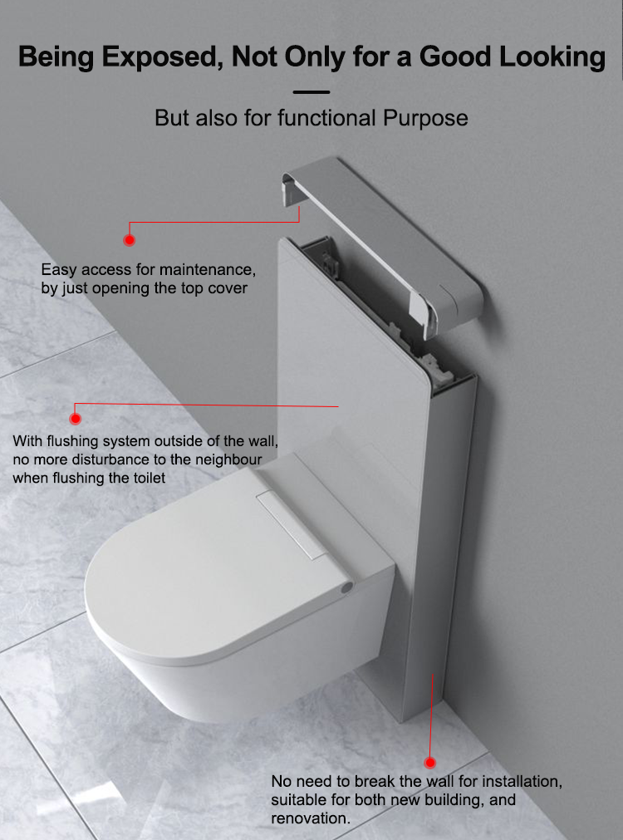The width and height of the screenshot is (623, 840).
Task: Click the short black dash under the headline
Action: [311, 92]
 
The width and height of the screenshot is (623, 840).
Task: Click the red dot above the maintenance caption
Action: [129, 240]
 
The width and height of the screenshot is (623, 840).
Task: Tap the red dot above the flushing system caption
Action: [76, 419]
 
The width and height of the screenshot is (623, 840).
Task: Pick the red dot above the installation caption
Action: [430, 762]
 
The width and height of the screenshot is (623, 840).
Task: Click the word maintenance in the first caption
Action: [207, 270]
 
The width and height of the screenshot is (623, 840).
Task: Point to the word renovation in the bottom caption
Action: [308, 818]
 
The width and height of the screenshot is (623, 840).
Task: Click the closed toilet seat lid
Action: [208, 565]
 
